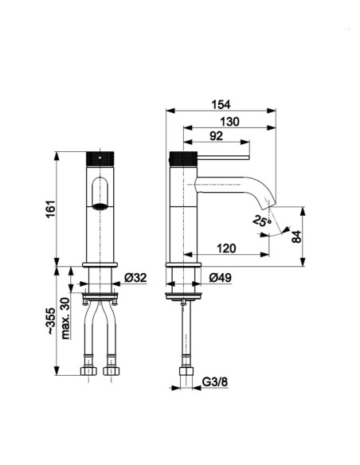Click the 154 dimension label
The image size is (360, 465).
[221, 104]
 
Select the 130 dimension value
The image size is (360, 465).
[229, 122]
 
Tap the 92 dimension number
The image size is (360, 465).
[216, 136]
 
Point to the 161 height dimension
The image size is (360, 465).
[51, 209]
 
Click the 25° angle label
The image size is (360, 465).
[262, 220]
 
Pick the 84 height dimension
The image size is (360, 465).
[296, 236]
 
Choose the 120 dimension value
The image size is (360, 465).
[226, 248]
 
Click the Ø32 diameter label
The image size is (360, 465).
[135, 278]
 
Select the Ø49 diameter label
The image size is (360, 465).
[221, 278]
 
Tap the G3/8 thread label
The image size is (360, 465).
[215, 382]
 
